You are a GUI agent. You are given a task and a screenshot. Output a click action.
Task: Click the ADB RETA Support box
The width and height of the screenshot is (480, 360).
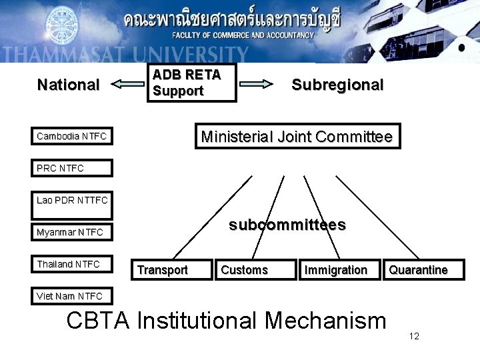tap(191, 83)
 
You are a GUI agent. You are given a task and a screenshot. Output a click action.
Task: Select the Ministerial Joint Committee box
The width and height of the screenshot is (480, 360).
tap(297, 137)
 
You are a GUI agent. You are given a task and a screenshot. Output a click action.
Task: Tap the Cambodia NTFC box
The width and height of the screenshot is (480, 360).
tap(72, 137)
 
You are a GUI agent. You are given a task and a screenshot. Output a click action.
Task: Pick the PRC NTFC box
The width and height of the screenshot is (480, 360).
tap(72, 168)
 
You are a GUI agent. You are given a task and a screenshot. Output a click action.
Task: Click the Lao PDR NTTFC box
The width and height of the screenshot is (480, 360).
tap(72, 199)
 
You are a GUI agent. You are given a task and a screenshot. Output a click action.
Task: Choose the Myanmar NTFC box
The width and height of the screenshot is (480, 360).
tap(72, 232)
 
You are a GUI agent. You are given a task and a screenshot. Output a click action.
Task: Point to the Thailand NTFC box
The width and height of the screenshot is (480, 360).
tap(72, 264)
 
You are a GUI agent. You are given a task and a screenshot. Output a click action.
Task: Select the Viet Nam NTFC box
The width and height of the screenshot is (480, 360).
tap(72, 296)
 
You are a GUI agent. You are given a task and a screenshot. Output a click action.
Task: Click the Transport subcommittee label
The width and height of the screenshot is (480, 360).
tap(162, 269)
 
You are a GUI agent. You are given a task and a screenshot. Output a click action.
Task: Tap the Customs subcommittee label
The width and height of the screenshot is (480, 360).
tap(244, 269)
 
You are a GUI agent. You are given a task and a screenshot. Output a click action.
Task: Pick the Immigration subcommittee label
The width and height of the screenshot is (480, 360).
tap(335, 269)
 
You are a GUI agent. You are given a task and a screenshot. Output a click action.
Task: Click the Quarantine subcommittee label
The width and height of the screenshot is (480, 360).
tap(418, 269)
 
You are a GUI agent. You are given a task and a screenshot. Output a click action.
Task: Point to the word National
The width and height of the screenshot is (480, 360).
tap(68, 85)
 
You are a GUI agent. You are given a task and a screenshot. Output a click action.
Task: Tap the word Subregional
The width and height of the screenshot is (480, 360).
tap(337, 85)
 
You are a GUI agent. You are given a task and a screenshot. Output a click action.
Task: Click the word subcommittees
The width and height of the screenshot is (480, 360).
tap(287, 225)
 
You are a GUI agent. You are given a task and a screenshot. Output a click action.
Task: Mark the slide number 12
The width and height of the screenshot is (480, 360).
tap(414, 335)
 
